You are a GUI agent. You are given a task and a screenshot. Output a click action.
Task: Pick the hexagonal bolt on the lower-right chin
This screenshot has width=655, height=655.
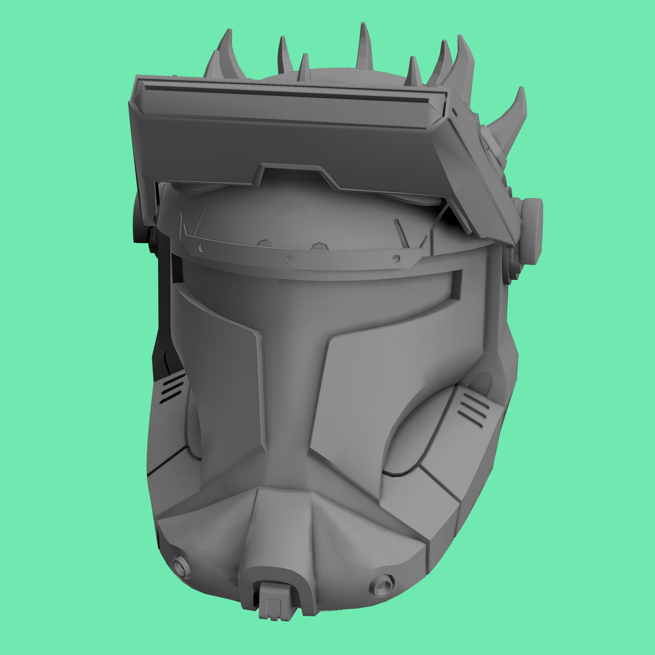coord(381,585)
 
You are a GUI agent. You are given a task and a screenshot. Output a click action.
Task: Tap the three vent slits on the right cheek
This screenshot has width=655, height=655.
coord(473,409)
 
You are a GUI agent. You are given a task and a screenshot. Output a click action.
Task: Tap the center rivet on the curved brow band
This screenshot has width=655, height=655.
coord(291,259)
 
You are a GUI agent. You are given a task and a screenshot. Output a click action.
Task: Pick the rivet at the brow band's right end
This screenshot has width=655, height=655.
coord(396,259)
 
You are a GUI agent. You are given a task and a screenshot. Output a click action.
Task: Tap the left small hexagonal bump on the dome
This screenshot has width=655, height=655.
coord(263,243)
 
